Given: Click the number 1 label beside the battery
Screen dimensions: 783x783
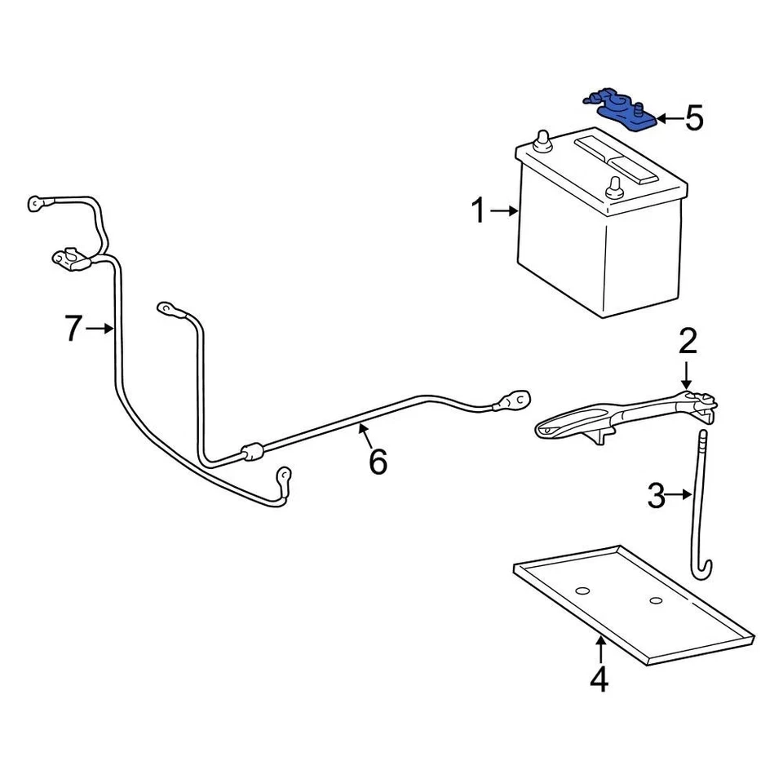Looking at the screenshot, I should [x=479, y=212].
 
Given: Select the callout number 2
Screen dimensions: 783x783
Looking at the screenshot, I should [x=687, y=341].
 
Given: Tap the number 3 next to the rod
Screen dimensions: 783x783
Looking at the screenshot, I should [x=657, y=495].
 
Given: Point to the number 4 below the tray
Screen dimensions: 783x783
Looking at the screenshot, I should [x=599, y=679].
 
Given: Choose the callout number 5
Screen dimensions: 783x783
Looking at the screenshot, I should [x=693, y=119].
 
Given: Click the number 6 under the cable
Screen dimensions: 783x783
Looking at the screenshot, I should [x=378, y=462].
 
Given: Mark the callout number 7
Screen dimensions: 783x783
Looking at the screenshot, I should [x=73, y=329].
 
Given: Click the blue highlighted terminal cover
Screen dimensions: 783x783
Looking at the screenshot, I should [x=621, y=111].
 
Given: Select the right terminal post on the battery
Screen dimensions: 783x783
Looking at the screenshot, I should [x=613, y=187].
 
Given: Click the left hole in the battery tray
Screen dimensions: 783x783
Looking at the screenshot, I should [x=582, y=590].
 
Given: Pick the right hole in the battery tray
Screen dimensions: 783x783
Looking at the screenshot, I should [x=656, y=601].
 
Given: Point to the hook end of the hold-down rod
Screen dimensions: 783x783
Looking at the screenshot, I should [x=704, y=572].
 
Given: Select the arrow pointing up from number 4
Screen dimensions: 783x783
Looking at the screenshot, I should [x=600, y=649].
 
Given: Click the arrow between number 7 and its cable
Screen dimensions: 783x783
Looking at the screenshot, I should [x=100, y=329].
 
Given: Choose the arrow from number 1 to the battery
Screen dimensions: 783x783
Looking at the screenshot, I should [x=506, y=212].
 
